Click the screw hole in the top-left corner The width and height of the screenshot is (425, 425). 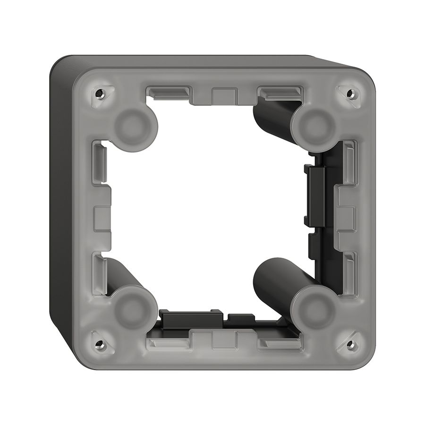(x=99, y=93)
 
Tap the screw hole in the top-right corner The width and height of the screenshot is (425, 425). (x=350, y=93)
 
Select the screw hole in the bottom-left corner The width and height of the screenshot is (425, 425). (x=99, y=343)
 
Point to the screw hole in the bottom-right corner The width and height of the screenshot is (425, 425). (x=350, y=343)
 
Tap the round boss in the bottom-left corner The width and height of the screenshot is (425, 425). (x=134, y=309)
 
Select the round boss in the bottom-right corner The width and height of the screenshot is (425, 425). (x=315, y=309)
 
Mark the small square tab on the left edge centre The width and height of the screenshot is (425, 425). (x=102, y=218)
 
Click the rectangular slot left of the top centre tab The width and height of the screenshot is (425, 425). (x=168, y=91)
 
